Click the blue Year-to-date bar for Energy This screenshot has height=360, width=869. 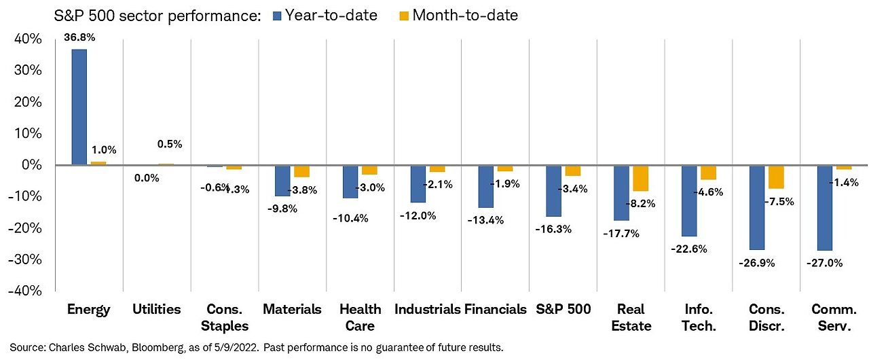[x=79, y=107]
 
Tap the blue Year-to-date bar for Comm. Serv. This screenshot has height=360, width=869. [x=826, y=208]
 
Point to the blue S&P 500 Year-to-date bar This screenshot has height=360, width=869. [x=554, y=191]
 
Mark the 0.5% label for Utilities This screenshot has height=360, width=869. [x=169, y=144]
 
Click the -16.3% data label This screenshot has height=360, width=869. [x=554, y=229]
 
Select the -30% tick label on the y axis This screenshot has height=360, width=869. [x=26, y=259]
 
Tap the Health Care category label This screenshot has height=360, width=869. [x=360, y=317]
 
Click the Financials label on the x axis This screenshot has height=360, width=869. [x=496, y=310]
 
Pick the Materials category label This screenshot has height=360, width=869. [x=292, y=310]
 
